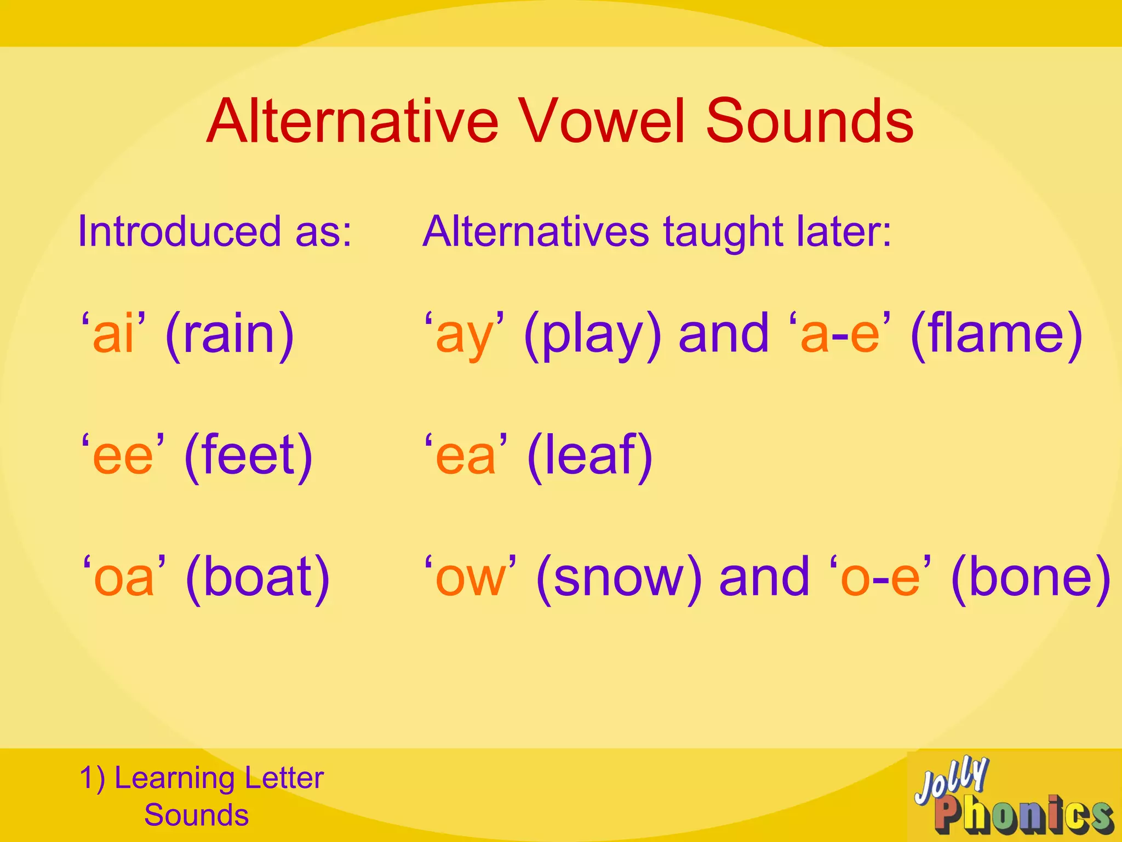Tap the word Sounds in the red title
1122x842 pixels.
pyautogui.click(x=809, y=121)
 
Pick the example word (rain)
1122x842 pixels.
pyautogui.click(x=230, y=335)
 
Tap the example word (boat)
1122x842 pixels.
pyautogui.click(x=257, y=578)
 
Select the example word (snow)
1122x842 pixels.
pyautogui.click(x=619, y=578)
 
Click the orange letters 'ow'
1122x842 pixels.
pyautogui.click(x=470, y=579)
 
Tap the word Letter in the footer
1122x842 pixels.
pyautogui.click(x=284, y=778)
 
